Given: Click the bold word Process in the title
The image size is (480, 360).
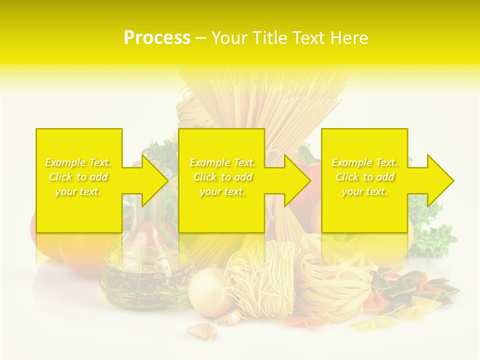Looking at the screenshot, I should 157,38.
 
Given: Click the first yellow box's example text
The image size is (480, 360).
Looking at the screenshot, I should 78,177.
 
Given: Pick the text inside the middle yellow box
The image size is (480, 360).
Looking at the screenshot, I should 222,177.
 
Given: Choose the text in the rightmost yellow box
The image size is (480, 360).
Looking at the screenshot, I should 364,177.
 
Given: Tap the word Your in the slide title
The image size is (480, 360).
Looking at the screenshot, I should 229,38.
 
